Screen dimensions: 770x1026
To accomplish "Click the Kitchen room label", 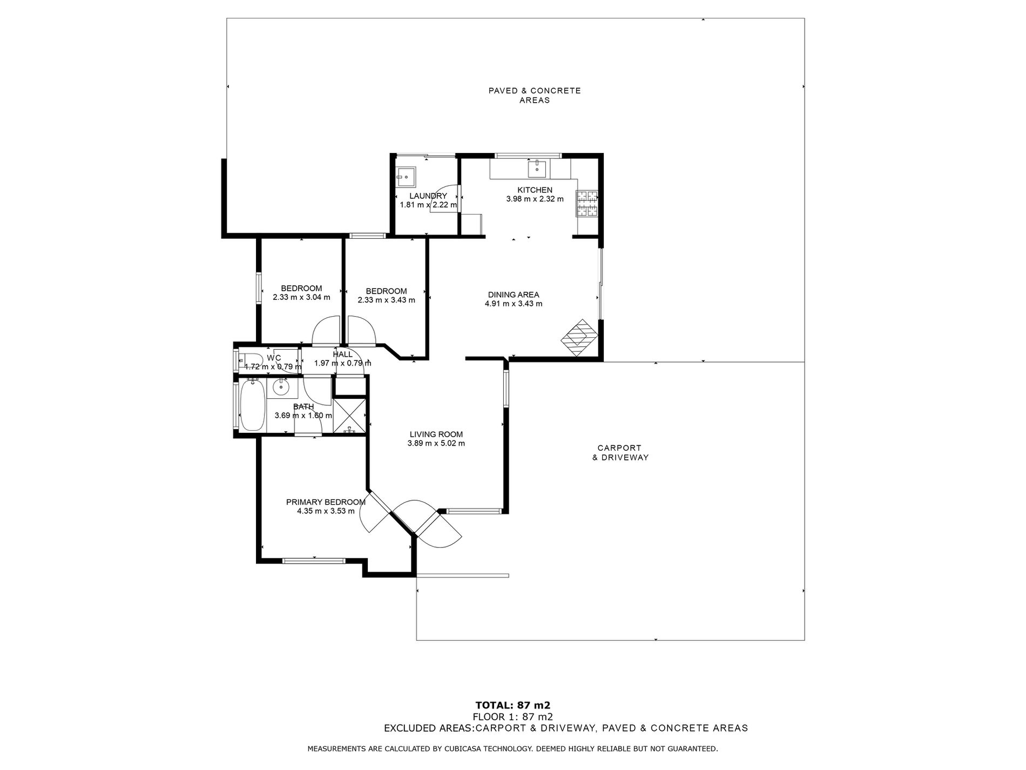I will click(535, 190).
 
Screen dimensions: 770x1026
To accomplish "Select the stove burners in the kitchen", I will click(588, 204).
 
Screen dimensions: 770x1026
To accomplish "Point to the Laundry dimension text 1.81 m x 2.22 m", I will click(428, 205).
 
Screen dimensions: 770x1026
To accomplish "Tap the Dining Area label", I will click(513, 295).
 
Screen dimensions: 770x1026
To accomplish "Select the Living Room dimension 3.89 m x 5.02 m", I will click(436, 444).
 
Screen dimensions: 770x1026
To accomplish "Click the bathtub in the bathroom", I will click(252, 405).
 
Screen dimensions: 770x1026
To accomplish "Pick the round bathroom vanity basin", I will click(280, 387).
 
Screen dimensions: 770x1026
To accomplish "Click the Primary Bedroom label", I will click(326, 502).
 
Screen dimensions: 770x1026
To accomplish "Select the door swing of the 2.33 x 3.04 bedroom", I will click(326, 331).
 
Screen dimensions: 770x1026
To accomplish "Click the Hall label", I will click(342, 354).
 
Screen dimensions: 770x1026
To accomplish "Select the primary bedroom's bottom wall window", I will click(314, 560).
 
